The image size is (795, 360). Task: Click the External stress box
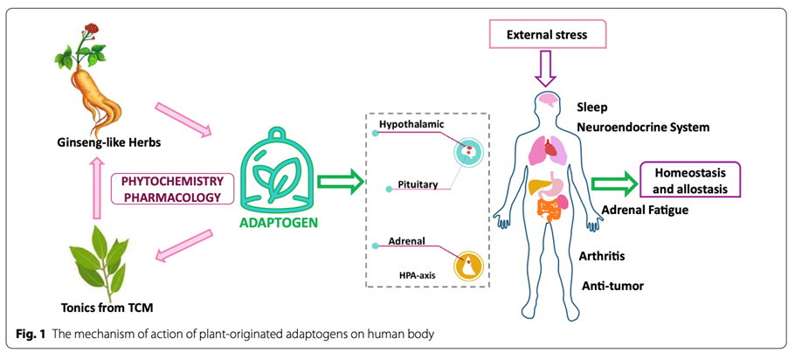pos(547,37)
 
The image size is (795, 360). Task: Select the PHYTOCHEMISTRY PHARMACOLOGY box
pos(173,188)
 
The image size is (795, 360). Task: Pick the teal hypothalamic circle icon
pos(468,153)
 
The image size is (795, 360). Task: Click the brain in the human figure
pos(548,100)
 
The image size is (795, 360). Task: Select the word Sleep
pos(592,107)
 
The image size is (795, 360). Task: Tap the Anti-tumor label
pos(610,286)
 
